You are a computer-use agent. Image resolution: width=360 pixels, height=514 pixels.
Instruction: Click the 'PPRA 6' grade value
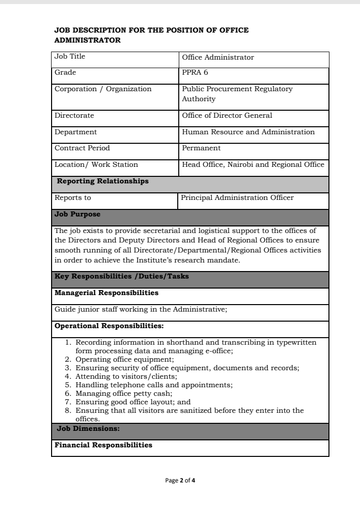[x=195, y=73]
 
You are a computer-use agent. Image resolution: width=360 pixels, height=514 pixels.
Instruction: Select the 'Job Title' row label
[x=70, y=57]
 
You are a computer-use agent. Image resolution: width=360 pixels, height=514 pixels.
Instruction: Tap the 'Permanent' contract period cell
[x=201, y=148]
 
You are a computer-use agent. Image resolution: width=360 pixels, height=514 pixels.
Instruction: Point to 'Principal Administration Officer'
[x=237, y=197]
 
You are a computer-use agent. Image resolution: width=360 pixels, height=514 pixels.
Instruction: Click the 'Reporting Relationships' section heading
[x=103, y=181]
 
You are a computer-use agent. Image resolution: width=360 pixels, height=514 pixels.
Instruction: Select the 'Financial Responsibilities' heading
[x=103, y=445]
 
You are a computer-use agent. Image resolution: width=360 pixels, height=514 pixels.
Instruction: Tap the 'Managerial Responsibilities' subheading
[x=106, y=293]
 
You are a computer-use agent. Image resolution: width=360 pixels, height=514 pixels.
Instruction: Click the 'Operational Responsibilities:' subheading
[x=109, y=326]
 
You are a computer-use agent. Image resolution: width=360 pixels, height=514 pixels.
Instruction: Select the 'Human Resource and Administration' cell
[x=248, y=132]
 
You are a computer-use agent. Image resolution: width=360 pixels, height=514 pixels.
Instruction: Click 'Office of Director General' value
[x=227, y=116]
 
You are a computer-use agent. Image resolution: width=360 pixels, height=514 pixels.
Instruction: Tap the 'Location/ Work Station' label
[x=96, y=165]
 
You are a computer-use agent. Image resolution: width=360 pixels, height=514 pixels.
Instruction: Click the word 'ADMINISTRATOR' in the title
[x=87, y=40]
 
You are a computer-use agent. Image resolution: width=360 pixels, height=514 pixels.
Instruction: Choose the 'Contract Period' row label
[x=82, y=148]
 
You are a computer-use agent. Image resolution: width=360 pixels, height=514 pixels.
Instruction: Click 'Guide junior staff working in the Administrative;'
[x=141, y=310]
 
